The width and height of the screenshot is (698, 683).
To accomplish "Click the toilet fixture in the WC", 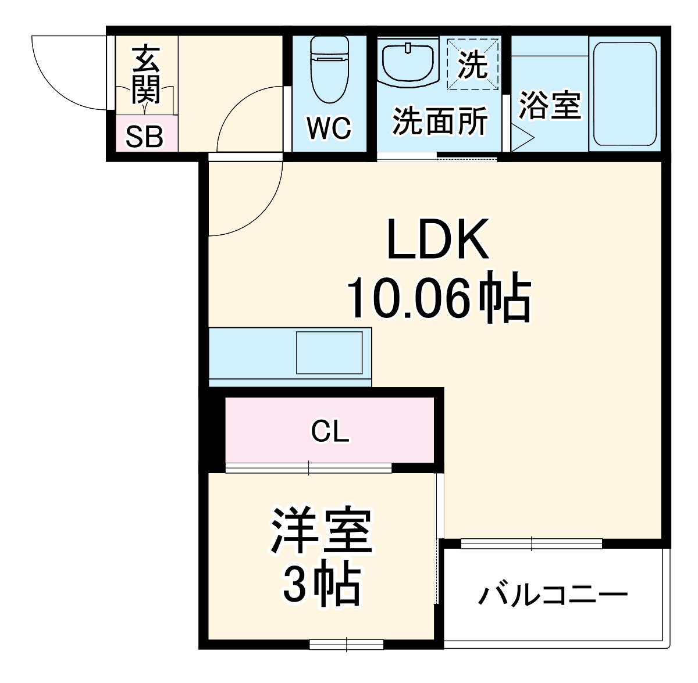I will pyautogui.click(x=330, y=70).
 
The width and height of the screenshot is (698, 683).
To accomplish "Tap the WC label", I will pyautogui.click(x=329, y=128).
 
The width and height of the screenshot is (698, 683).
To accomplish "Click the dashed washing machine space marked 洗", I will pyautogui.click(x=472, y=64).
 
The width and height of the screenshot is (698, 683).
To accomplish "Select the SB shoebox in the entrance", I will pyautogui.click(x=145, y=137).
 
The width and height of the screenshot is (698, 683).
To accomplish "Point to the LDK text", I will pyautogui.click(x=437, y=240).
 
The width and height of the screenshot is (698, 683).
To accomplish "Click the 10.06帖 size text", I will pyautogui.click(x=439, y=299).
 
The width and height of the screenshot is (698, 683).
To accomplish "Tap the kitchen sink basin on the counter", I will pyautogui.click(x=329, y=352).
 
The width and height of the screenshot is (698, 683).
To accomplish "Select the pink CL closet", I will pyautogui.click(x=330, y=431).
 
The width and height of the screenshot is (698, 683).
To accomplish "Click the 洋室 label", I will pyautogui.click(x=321, y=531).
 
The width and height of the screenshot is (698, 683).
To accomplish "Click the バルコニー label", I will pyautogui.click(x=553, y=595).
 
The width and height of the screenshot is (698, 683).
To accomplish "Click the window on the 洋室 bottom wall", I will pyautogui.click(x=346, y=644).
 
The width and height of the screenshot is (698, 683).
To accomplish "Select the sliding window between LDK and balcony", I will pyautogui.click(x=531, y=544).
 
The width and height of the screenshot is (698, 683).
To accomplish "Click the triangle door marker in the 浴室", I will pyautogui.click(x=522, y=139).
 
